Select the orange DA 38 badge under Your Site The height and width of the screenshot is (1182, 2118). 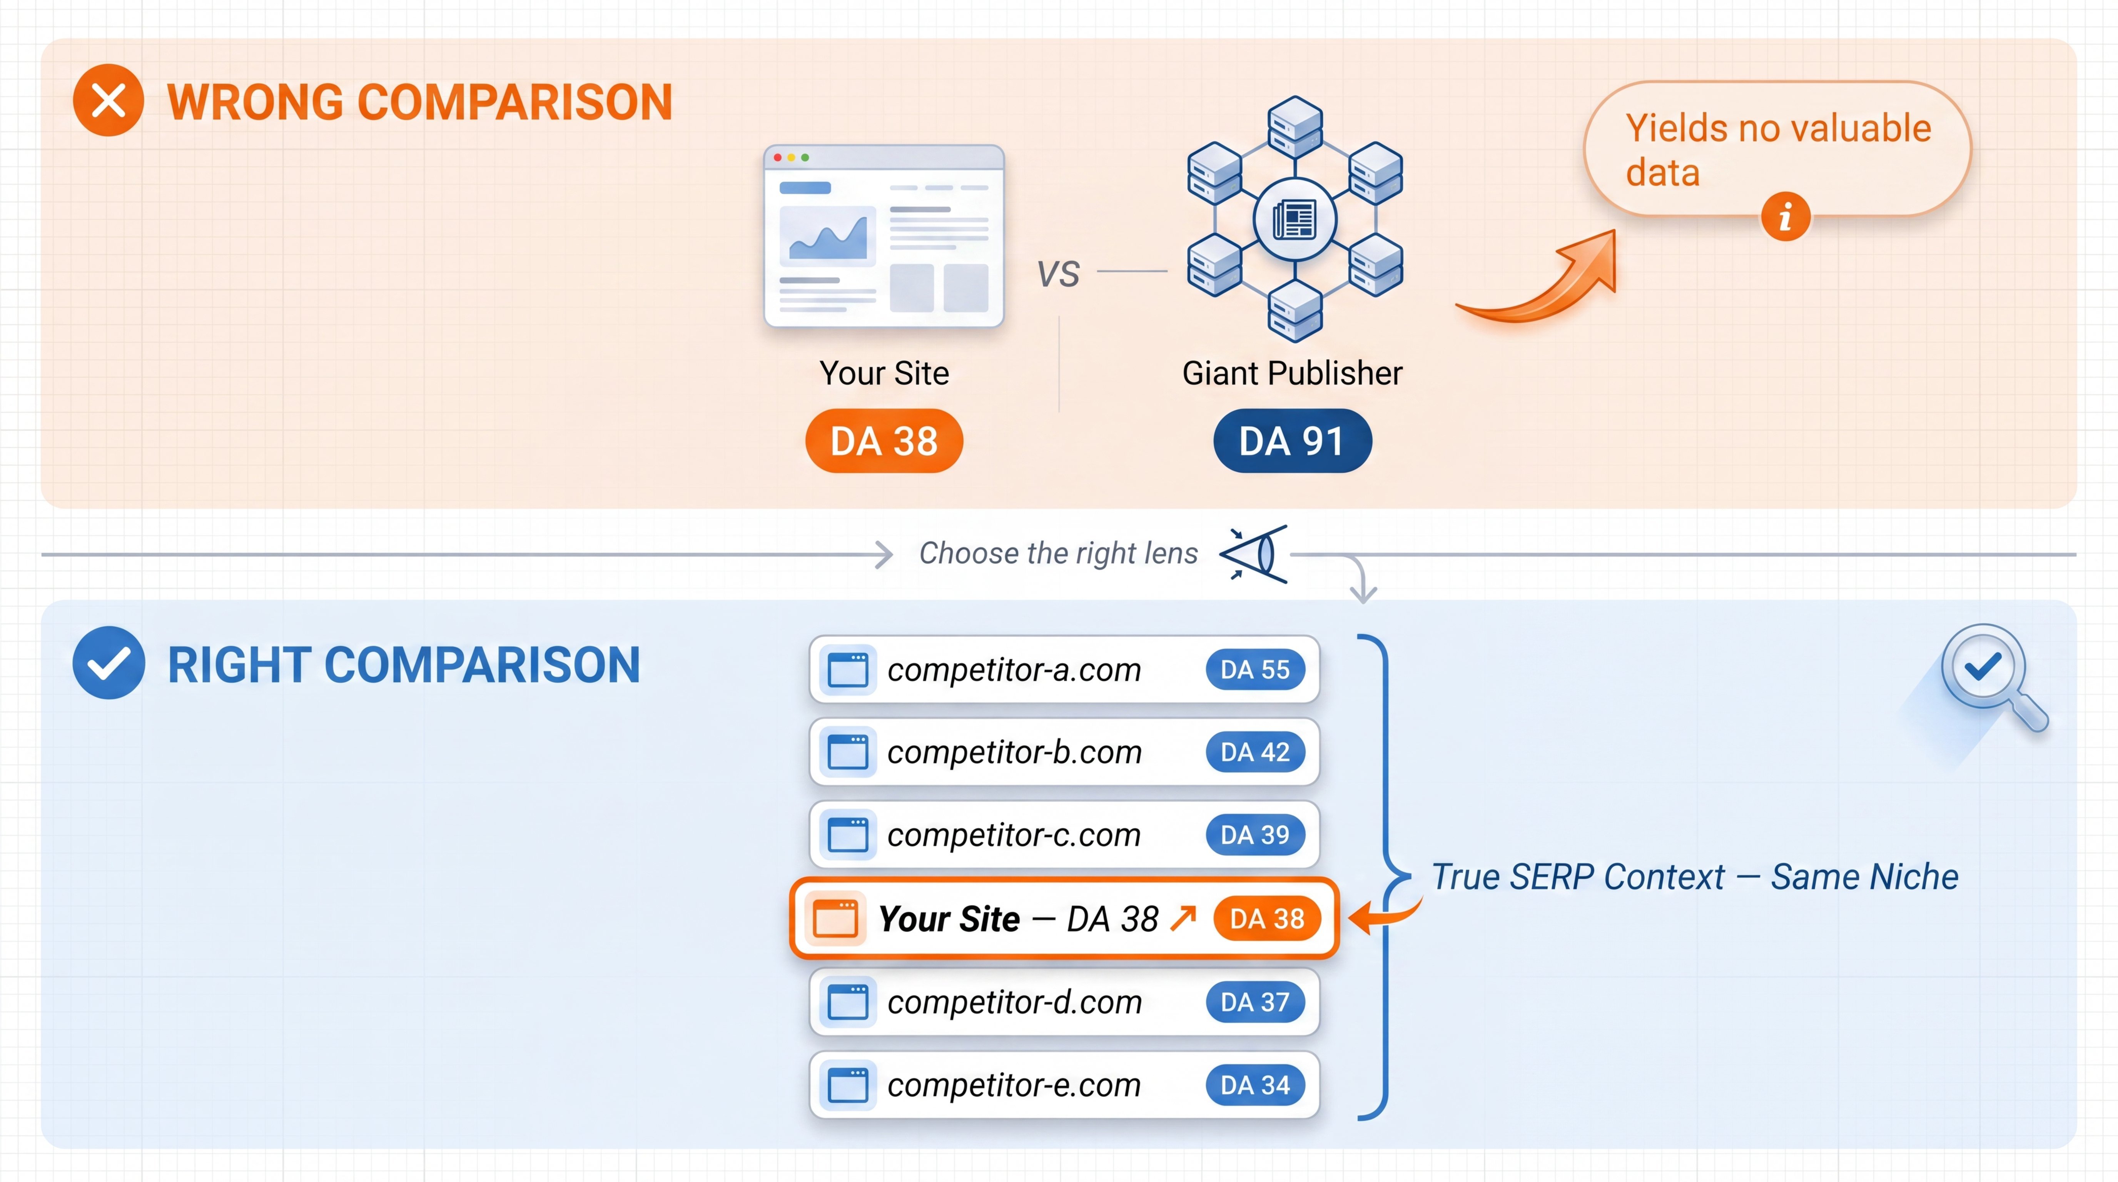click(x=884, y=441)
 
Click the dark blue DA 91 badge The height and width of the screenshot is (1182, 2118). click(x=1292, y=441)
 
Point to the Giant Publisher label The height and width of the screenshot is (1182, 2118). click(x=1292, y=373)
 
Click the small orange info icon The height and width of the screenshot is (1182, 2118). click(x=1785, y=217)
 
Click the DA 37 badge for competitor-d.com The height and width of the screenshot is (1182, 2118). click(x=1255, y=1002)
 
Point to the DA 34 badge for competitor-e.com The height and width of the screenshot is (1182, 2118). click(x=1255, y=1085)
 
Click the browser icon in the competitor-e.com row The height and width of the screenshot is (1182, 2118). click(x=848, y=1085)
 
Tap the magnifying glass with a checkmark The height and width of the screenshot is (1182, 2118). click(x=1990, y=674)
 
